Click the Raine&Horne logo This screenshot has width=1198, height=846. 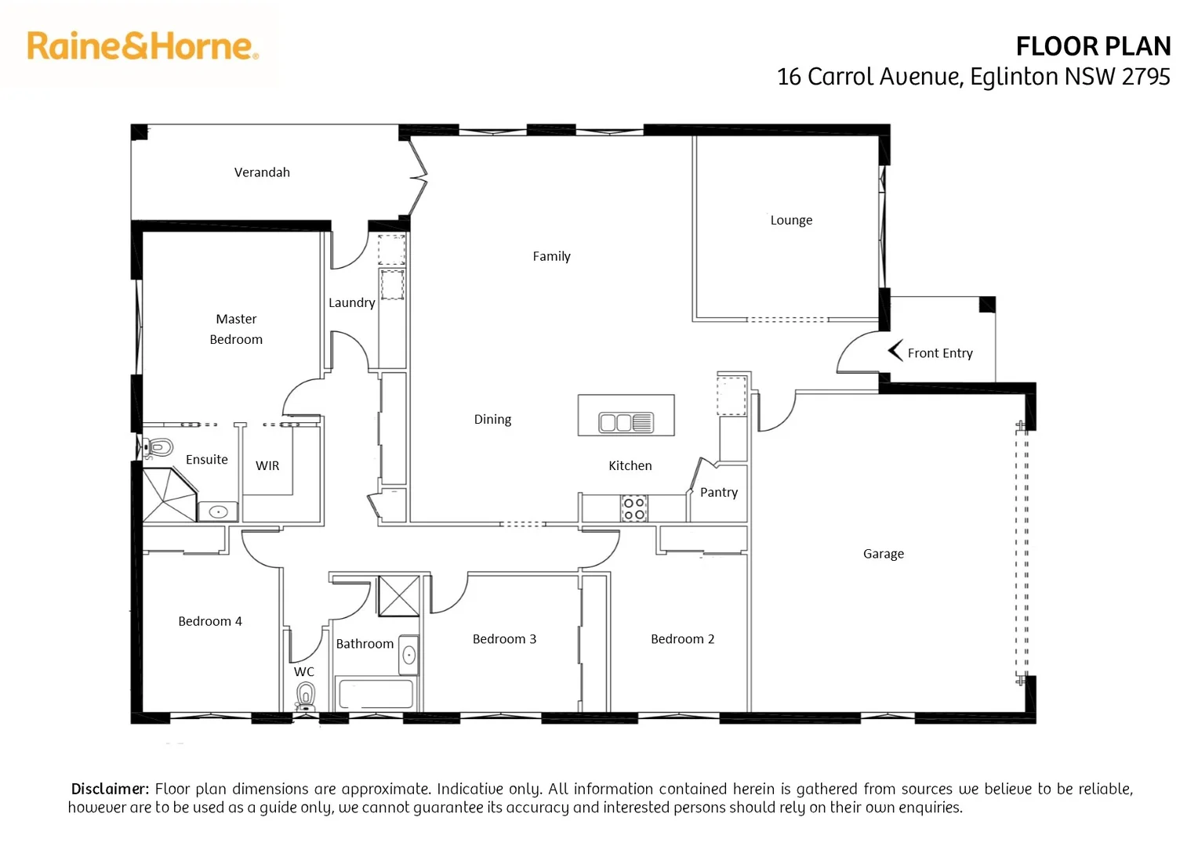[x=142, y=46]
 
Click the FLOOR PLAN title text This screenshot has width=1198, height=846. [x=1092, y=47]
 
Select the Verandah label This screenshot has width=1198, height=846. [x=262, y=172]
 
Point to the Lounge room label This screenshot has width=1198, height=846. [x=791, y=220]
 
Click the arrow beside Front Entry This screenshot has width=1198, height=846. [x=895, y=352]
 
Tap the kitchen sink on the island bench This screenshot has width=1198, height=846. [x=626, y=423]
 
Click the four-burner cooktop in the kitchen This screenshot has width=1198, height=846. [x=633, y=508]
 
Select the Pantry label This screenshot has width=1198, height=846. [x=718, y=492]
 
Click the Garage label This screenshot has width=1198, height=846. [x=883, y=554]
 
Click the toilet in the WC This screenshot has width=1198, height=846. [x=306, y=696]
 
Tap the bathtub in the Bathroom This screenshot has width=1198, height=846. [x=375, y=694]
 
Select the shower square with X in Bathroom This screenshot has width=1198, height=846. [x=398, y=596]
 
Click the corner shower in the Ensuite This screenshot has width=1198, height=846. [x=167, y=494]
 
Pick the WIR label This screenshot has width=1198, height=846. [x=267, y=465]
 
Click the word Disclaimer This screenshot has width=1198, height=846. [x=110, y=789]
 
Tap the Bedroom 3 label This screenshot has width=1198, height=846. [x=504, y=639]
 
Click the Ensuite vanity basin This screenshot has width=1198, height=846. [x=218, y=512]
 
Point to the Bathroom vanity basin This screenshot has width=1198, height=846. [x=408, y=656]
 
